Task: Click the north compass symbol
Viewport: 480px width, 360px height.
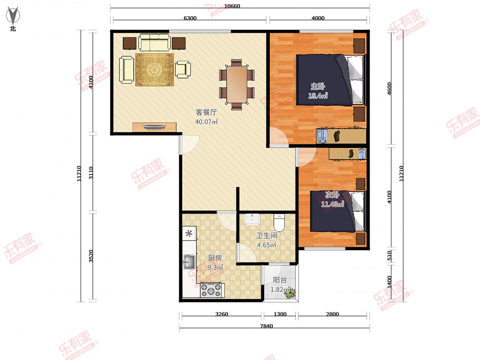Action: pos(13,15)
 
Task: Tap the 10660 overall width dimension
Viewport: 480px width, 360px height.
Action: pos(232,6)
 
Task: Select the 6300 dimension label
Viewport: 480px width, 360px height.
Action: pos(190,18)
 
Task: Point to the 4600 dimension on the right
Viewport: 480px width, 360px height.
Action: pos(389,88)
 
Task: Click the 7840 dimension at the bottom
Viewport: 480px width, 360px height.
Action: pos(266,326)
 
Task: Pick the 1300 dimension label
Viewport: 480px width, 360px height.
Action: pos(280,314)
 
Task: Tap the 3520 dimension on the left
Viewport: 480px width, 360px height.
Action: pos(91,256)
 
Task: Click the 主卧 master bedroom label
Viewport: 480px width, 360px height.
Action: pos(318,86)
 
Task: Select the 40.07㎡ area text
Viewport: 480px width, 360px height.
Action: pos(206,122)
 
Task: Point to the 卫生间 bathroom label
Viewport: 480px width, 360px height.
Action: pos(266,236)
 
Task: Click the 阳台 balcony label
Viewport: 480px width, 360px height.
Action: pos(280,280)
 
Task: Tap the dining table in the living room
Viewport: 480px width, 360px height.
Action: pos(237,84)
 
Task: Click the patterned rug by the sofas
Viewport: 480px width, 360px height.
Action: pos(154,70)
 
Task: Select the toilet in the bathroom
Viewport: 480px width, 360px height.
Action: pos(279,223)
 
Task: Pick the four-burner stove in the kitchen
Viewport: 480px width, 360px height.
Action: pos(212,290)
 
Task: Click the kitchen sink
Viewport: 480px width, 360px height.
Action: pos(189,262)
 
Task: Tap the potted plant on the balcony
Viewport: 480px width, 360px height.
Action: pos(290,293)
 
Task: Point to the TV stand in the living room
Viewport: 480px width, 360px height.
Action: pos(154,127)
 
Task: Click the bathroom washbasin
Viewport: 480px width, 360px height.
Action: pos(252,219)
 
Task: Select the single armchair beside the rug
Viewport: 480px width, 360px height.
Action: pos(183,70)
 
